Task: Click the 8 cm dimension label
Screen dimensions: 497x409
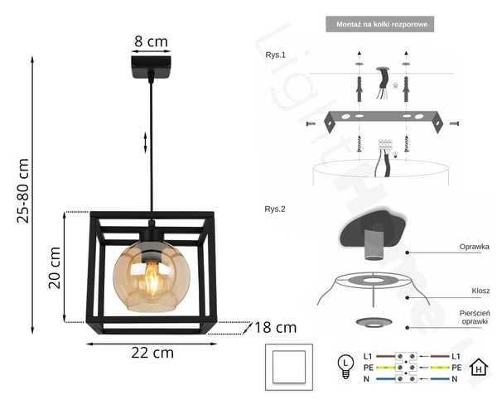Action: click(151, 41)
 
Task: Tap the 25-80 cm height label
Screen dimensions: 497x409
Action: click(23, 190)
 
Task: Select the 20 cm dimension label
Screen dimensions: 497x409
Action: click(55, 267)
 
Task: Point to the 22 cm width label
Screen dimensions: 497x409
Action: click(152, 353)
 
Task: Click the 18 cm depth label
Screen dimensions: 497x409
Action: click(276, 328)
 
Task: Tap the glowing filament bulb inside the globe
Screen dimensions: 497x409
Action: click(152, 277)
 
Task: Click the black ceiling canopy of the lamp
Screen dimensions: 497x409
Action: click(151, 67)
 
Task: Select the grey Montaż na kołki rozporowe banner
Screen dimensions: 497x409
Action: click(379, 24)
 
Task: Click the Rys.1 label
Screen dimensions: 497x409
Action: click(276, 55)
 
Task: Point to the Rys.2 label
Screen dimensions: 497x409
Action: click(275, 209)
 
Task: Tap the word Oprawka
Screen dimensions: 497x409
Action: click(474, 247)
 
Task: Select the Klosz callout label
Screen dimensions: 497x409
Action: click(480, 291)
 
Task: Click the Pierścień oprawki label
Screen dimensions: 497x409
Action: click(475, 317)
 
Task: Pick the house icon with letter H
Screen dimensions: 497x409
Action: click(479, 368)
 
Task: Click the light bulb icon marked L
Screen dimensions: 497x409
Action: click(345, 367)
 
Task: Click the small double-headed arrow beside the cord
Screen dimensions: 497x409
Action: click(146, 142)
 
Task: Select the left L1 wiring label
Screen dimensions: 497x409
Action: click(368, 356)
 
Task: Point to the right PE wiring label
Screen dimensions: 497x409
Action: click(456, 368)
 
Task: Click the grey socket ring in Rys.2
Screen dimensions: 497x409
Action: click(374, 323)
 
